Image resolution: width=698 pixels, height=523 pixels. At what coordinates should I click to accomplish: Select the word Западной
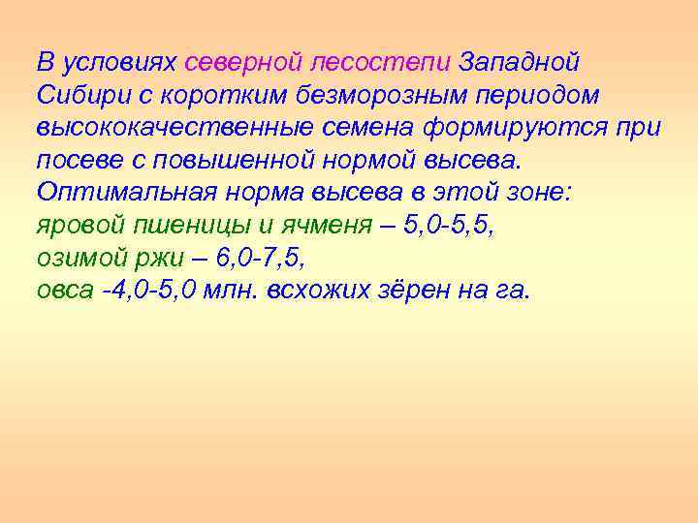(520, 63)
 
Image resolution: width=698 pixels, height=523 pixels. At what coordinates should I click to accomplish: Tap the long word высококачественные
(186, 127)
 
